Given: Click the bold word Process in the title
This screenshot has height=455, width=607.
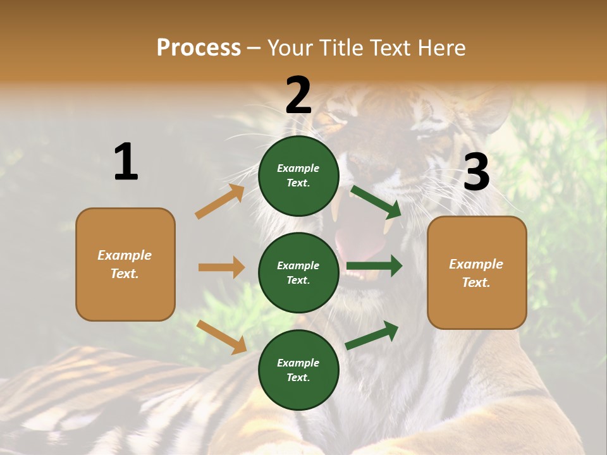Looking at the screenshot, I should coord(199,48).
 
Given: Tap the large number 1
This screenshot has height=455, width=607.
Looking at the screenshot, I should coord(126,162).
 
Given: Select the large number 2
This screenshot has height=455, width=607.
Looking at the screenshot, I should coord(298,95).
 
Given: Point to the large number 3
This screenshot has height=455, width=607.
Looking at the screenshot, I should coord(476,172).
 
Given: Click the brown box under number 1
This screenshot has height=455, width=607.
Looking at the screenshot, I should coord(125,264).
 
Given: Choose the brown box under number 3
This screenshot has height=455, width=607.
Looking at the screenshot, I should coord(477,272).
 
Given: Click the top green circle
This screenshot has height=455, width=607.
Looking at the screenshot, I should coord(298,176).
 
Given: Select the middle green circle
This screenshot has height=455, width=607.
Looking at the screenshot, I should coord(298,273).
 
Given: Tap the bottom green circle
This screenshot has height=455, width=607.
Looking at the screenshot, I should coord(298,370).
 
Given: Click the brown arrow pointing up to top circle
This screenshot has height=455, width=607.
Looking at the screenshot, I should coord(220,202).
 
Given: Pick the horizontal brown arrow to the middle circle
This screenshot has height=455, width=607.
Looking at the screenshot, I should coord(221,267).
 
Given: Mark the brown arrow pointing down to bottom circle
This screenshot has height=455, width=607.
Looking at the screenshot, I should coord(221,337).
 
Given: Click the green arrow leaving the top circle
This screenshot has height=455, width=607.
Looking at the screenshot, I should coord(376,202).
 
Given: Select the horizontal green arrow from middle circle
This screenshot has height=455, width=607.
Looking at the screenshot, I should coord(374,266).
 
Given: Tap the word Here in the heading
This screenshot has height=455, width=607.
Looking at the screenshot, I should coord(441,48).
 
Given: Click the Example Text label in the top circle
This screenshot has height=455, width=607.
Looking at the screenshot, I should coord(298,176).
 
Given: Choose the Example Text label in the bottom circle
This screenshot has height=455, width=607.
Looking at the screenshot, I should coord(298,370).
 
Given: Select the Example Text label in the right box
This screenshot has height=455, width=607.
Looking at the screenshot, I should coord(476,273).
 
